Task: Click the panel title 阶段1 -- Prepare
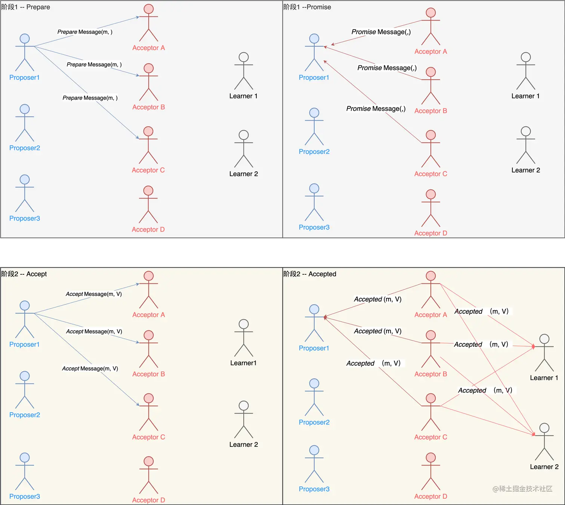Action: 25,7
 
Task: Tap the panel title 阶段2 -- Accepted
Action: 310,274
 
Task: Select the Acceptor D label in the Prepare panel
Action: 148,230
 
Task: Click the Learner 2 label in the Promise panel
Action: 525,170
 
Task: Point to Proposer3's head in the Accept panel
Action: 25,457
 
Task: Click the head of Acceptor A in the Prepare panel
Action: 149,9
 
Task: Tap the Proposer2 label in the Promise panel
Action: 314,152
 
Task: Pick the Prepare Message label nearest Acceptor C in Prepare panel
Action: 90,98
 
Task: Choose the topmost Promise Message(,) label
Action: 381,32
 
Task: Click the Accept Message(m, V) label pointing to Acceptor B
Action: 94,331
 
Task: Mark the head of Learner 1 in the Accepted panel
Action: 544,339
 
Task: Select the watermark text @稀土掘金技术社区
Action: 522,489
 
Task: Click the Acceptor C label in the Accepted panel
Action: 430,437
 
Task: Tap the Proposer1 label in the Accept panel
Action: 24,345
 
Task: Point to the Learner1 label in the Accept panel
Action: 243,363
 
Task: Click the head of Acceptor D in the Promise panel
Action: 431,194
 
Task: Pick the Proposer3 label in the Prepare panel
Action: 24,218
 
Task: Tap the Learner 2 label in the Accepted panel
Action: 544,467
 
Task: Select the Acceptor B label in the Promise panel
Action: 430,111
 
